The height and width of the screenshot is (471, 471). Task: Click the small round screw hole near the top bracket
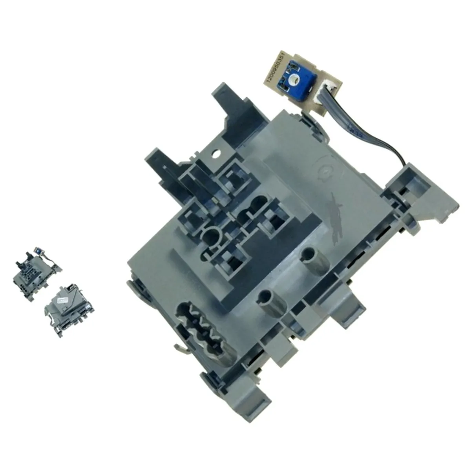tap(215, 154)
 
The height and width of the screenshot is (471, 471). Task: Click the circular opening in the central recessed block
tap(211, 237)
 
